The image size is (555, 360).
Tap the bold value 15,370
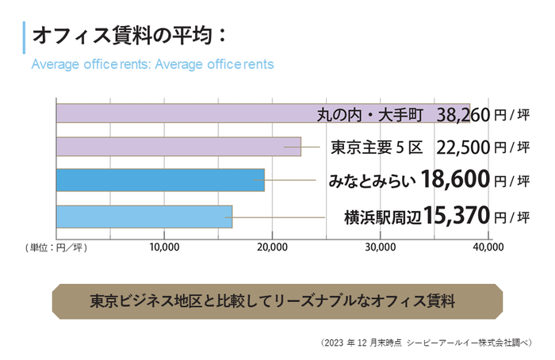[x=457, y=216]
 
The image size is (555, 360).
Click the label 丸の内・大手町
[x=371, y=114]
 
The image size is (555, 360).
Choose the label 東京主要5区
[x=377, y=147]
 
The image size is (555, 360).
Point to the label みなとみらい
[x=372, y=181]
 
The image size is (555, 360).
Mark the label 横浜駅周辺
[x=383, y=216]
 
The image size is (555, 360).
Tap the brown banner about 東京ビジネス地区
[x=277, y=301]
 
